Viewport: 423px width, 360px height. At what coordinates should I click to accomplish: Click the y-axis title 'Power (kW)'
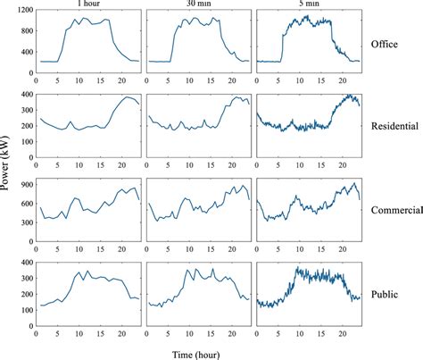pos(7,170)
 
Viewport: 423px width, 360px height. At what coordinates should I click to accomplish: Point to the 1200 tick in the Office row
pos(21,10)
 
